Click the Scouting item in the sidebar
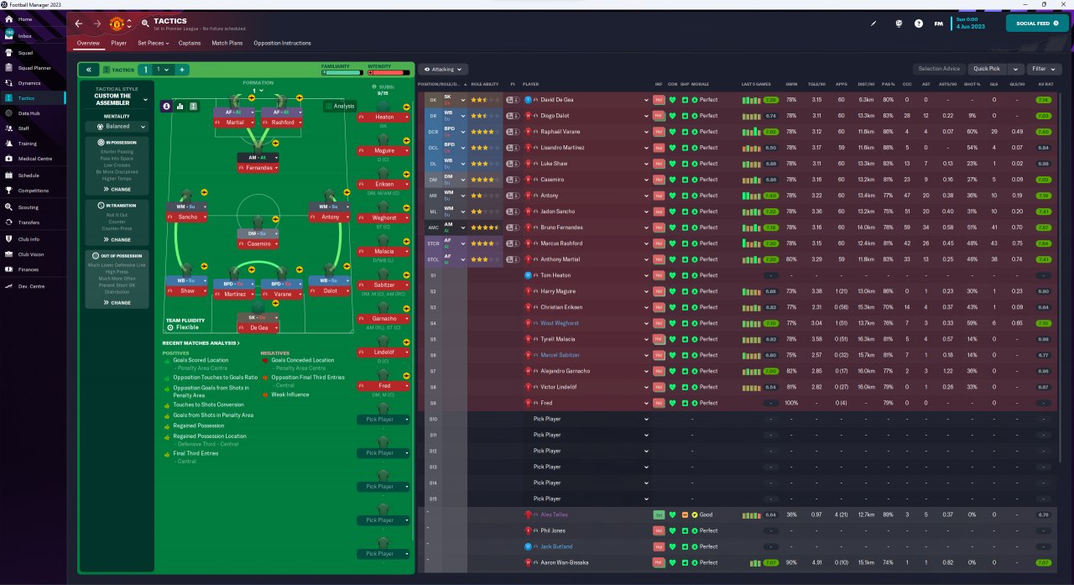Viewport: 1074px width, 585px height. coord(29,206)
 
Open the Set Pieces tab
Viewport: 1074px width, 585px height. coord(153,43)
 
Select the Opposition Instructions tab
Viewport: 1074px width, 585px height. coord(282,43)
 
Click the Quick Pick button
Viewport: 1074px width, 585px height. coord(988,69)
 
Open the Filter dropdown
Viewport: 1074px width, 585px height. coord(1044,69)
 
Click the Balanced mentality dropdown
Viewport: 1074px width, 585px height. coord(117,127)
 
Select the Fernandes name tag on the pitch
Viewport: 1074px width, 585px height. coord(258,169)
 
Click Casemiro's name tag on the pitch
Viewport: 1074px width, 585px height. coord(258,244)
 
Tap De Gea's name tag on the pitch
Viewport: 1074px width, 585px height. coord(258,328)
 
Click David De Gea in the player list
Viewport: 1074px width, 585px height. coord(557,100)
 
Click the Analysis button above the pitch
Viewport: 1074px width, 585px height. coord(340,106)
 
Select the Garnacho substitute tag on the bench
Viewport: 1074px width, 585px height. coord(385,319)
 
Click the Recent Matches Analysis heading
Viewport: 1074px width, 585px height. coord(201,343)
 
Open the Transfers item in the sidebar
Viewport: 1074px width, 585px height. coord(29,222)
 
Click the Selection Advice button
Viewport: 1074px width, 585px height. coord(939,69)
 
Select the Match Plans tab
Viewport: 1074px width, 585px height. coord(227,43)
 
